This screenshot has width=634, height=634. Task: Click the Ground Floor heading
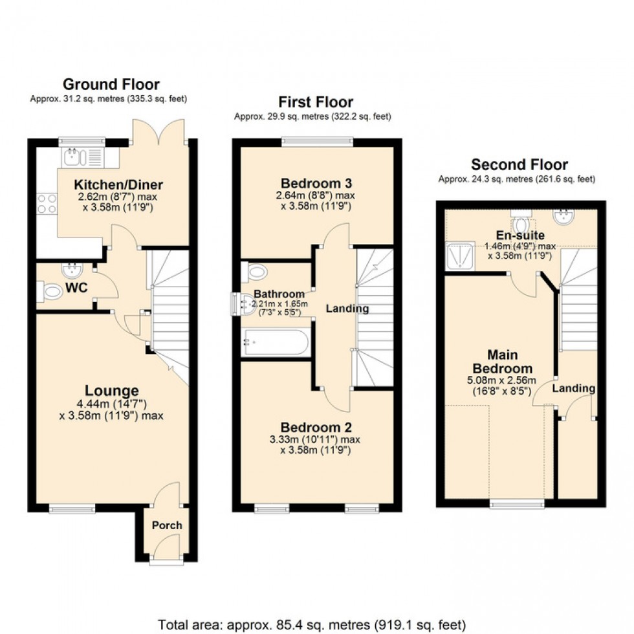pyautogui.click(x=111, y=84)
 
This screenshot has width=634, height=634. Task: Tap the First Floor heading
pyautogui.click(x=316, y=102)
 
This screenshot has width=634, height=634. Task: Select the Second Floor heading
pyautogui.click(x=519, y=165)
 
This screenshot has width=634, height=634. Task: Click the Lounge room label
pyautogui.click(x=112, y=391)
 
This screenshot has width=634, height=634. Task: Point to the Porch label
pyautogui.click(x=167, y=525)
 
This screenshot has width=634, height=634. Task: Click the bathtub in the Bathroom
pyautogui.click(x=276, y=342)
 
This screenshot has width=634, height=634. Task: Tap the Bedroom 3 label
pyautogui.click(x=316, y=182)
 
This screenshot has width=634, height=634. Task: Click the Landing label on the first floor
pyautogui.click(x=347, y=309)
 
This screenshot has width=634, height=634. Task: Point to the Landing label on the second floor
pyautogui.click(x=573, y=388)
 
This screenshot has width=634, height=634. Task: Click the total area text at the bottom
pyautogui.click(x=312, y=625)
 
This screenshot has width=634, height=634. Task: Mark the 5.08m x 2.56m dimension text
pyautogui.click(x=494, y=381)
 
